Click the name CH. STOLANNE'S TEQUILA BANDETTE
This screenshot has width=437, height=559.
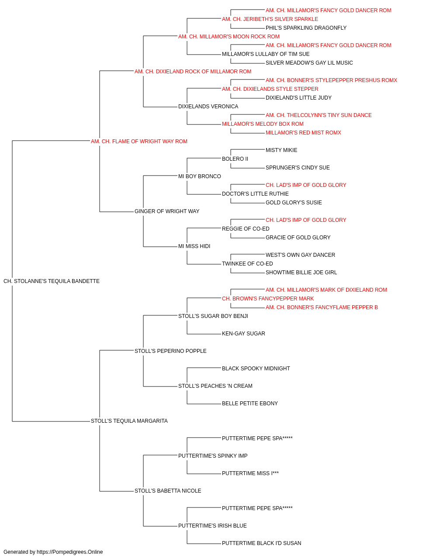click(52, 281)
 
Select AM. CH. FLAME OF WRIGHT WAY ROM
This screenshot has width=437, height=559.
click(139, 141)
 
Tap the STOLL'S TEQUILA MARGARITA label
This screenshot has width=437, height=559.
click(129, 421)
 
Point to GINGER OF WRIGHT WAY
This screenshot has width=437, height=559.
click(167, 211)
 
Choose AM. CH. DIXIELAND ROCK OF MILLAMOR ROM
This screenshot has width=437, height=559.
click(193, 72)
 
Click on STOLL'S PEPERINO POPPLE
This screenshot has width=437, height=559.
click(170, 351)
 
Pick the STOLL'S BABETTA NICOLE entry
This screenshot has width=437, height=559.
click(168, 491)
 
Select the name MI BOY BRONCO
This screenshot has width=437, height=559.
click(199, 176)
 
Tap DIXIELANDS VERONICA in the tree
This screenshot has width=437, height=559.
click(208, 107)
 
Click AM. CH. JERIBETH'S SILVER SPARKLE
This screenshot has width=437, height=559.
click(270, 19)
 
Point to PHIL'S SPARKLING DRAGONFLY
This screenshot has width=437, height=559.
click(306, 28)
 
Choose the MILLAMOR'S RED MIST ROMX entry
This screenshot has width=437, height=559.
click(303, 133)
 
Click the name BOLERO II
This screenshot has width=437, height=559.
click(235, 159)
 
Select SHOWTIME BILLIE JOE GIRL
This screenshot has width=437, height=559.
click(301, 273)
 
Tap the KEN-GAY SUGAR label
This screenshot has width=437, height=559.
click(243, 334)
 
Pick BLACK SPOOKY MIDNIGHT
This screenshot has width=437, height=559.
click(256, 369)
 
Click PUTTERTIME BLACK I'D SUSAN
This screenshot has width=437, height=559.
click(261, 543)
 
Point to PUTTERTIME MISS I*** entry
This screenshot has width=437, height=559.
click(250, 473)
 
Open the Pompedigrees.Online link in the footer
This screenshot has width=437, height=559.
click(70, 552)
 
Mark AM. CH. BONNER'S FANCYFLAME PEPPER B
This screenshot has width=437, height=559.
click(322, 307)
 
